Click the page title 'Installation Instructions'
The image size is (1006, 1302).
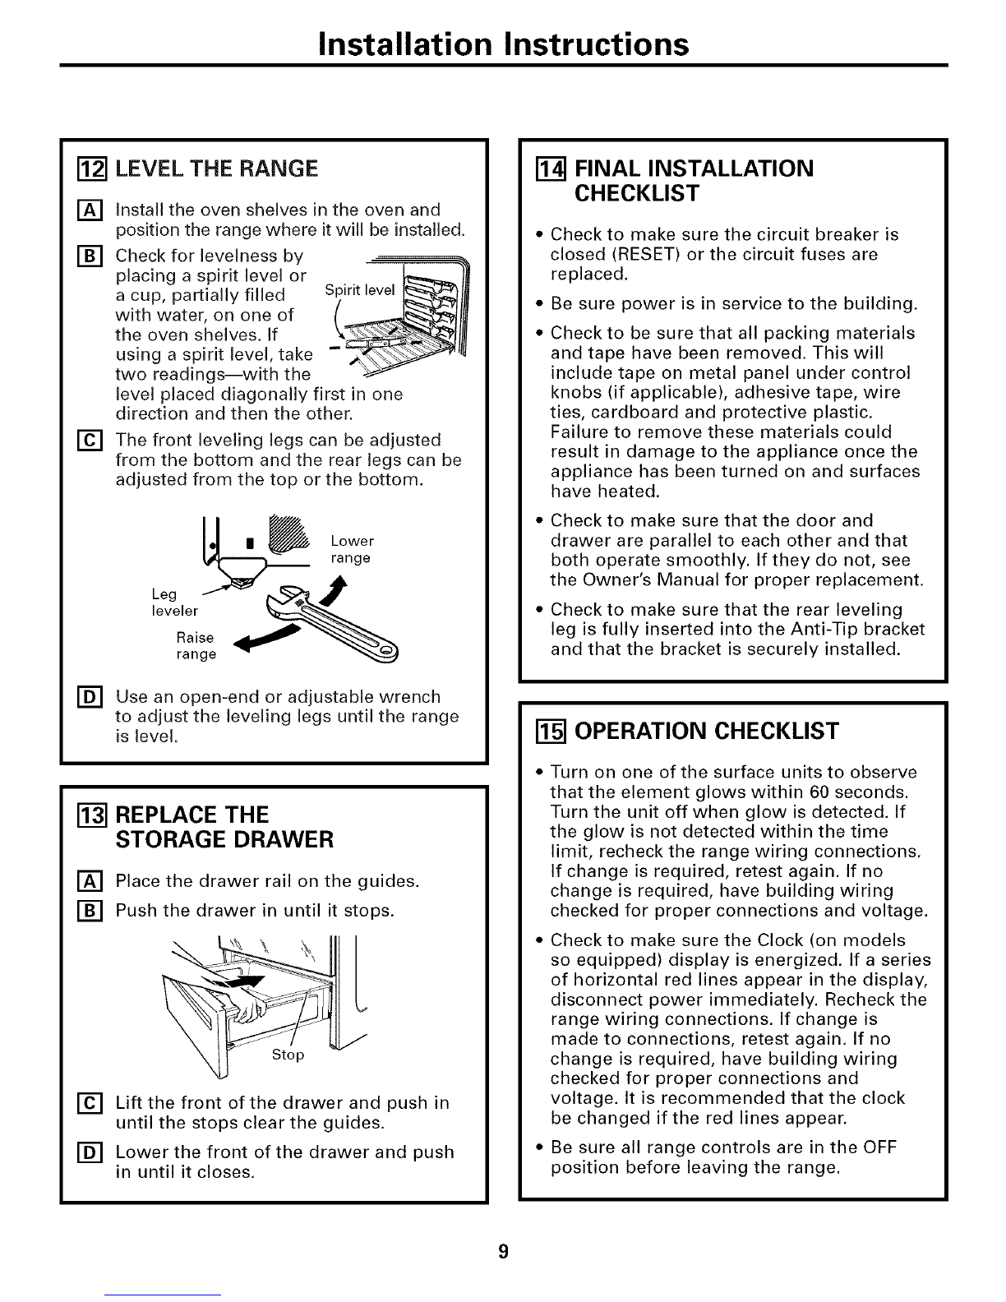click(x=503, y=43)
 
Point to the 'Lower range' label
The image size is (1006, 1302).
click(x=351, y=550)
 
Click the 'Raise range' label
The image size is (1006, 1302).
click(x=196, y=646)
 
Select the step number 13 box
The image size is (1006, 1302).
click(x=83, y=815)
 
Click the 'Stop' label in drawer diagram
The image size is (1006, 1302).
click(x=288, y=1055)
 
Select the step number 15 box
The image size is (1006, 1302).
click(x=540, y=730)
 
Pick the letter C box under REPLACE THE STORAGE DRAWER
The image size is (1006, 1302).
click(x=83, y=1103)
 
